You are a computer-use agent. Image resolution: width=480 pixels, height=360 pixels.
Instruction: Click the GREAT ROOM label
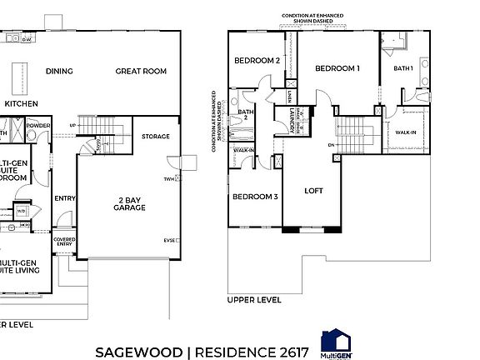pyautogui.click(x=141, y=72)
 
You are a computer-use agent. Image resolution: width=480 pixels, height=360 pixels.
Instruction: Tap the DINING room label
pyautogui.click(x=59, y=72)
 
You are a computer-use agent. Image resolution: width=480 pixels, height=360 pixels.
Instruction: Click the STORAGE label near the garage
pyautogui.click(x=155, y=136)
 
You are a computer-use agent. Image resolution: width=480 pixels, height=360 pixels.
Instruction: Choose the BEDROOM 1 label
pyautogui.click(x=337, y=69)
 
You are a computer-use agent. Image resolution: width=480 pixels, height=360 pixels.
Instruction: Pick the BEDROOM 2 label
pyautogui.click(x=256, y=60)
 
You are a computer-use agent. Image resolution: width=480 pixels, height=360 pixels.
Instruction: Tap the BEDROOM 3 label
pyautogui.click(x=254, y=197)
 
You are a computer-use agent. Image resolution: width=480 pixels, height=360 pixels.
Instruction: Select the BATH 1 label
pyautogui.click(x=403, y=67)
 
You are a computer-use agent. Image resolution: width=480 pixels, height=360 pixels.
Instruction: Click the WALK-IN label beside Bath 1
pyautogui.click(x=406, y=132)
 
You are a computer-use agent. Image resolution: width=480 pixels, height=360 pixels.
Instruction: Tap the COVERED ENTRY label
pyautogui.click(x=65, y=242)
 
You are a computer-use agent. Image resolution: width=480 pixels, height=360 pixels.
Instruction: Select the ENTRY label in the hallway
pyautogui.click(x=64, y=198)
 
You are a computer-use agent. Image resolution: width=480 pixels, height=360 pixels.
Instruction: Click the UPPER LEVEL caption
pyautogui.click(x=254, y=299)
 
